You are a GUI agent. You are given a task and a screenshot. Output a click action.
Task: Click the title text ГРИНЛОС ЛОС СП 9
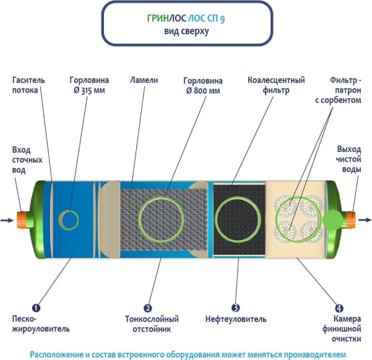pos(186,19)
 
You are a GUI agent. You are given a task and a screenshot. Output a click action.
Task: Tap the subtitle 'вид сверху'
pos(186,31)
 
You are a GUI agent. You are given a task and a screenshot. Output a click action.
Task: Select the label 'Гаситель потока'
pos(25,85)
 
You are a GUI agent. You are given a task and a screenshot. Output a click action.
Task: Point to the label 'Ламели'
pos(143,80)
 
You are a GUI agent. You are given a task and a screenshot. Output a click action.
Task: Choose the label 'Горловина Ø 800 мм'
pos(204,85)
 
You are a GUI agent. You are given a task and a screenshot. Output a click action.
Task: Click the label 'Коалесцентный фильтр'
pos(267,85)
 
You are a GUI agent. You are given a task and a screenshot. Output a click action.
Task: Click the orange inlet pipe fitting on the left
pos(24,219)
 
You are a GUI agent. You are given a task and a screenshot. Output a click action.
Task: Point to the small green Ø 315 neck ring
pos(69,218)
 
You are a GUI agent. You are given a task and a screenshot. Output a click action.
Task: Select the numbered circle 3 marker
pos(236,307)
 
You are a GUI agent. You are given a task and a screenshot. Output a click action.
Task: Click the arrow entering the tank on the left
pos(7,220)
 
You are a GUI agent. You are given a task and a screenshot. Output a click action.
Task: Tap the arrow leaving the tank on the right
pos(365,219)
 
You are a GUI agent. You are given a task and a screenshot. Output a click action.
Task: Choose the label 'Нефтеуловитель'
pos(236,319)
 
